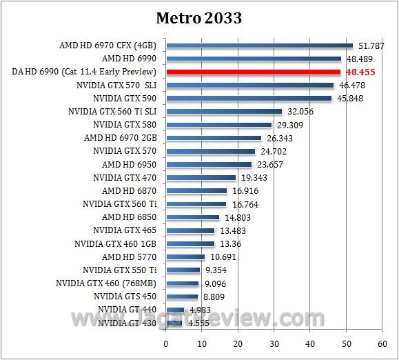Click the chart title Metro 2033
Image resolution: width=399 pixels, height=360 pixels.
click(x=199, y=19)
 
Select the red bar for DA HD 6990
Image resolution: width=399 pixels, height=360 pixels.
click(x=253, y=72)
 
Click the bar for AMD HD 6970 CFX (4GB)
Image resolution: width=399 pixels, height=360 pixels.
click(x=259, y=46)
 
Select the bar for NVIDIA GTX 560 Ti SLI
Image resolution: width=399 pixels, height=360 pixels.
click(x=224, y=112)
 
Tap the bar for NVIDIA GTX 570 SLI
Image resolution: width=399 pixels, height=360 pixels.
click(x=249, y=86)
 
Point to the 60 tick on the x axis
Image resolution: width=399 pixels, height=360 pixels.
click(x=382, y=342)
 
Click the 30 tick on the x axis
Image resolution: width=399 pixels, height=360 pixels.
click(x=274, y=342)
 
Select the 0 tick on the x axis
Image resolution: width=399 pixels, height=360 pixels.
click(x=166, y=342)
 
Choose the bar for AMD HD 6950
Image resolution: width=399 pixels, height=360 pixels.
click(x=209, y=164)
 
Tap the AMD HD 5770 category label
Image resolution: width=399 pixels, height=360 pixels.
click(x=130, y=257)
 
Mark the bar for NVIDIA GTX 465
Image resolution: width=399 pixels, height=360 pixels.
click(x=190, y=230)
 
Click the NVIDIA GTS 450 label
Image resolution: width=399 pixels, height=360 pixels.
click(x=125, y=296)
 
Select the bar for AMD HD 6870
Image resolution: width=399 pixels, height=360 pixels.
click(x=196, y=190)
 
